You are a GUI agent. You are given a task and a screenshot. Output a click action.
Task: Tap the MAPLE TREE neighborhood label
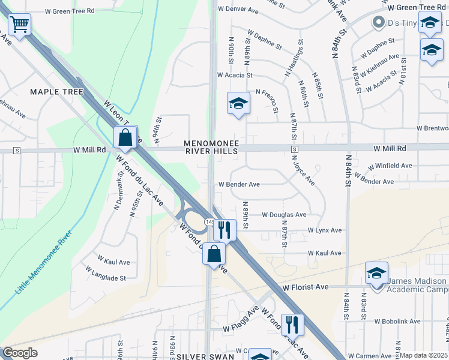[x=57, y=91]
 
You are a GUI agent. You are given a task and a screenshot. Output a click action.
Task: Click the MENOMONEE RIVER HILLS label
[x=211, y=148]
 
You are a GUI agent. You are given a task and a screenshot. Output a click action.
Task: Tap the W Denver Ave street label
[x=238, y=10]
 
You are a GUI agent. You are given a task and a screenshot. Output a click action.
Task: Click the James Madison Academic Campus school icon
[x=376, y=274]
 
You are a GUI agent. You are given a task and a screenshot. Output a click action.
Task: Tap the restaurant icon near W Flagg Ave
[x=292, y=325]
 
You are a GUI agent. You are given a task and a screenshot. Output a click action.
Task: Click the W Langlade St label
[x=106, y=278]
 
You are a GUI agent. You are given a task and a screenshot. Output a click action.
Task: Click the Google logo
[x=20, y=353]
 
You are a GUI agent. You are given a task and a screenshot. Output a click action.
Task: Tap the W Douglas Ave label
[x=284, y=215]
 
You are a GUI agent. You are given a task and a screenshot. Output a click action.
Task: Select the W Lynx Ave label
[x=325, y=230]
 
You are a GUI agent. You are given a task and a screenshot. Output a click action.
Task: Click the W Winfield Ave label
[x=390, y=166]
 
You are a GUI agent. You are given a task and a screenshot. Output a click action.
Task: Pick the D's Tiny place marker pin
[x=378, y=23]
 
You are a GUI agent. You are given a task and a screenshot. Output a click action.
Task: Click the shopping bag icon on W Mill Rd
[x=125, y=137]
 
